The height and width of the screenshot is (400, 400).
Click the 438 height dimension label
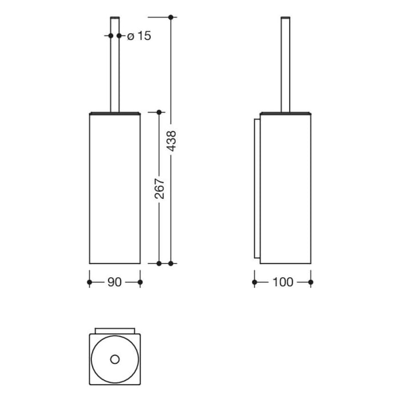[171, 141]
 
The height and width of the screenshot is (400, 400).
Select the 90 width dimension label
[115, 282]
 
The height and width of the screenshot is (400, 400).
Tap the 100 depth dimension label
[282, 282]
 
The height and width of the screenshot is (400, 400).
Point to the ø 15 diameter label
[139, 36]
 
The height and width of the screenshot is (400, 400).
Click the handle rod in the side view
[284, 63]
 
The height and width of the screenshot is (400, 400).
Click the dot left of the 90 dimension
[90, 282]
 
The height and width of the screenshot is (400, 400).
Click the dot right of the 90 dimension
[140, 282]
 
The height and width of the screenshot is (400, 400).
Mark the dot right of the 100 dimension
[311, 282]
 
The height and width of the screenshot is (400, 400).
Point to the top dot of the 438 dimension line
[171, 17]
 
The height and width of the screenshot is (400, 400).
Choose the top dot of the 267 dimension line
[159, 112]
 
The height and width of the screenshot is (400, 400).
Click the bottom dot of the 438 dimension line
[171, 263]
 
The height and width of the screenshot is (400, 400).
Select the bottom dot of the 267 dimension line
[159, 263]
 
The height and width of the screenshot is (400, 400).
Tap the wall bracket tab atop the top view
[115, 330]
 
